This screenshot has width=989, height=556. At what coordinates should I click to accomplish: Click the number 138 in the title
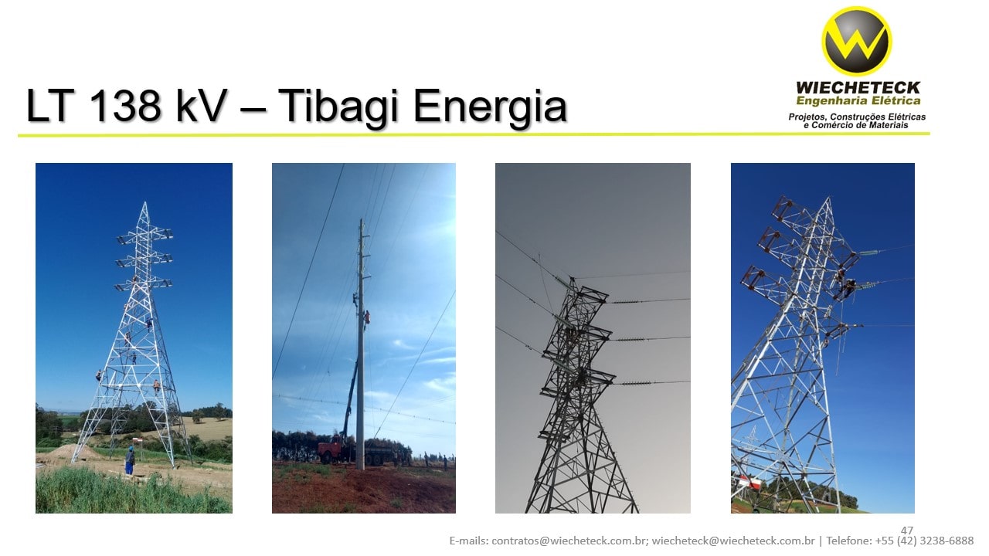click(124, 106)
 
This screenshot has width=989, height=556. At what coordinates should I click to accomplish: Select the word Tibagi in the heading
click(338, 106)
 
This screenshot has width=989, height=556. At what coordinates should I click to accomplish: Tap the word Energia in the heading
click(489, 106)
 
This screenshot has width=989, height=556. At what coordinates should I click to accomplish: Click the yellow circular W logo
click(856, 41)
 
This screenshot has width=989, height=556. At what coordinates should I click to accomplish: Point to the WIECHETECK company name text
click(858, 87)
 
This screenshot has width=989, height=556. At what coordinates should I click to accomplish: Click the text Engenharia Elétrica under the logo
click(858, 100)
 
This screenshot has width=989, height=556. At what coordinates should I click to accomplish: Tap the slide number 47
click(907, 531)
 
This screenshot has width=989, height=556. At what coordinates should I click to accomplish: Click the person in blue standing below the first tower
click(130, 459)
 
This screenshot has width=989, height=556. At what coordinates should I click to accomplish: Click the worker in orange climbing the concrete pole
click(367, 317)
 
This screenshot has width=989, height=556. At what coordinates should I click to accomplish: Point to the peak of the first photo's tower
click(144, 205)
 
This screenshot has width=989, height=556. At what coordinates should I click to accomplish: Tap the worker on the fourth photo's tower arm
click(849, 287)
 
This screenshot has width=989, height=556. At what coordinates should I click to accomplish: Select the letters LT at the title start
click(52, 106)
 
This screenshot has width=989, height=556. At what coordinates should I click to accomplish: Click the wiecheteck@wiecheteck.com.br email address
click(733, 541)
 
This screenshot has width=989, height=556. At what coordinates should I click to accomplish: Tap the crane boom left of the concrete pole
click(349, 398)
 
